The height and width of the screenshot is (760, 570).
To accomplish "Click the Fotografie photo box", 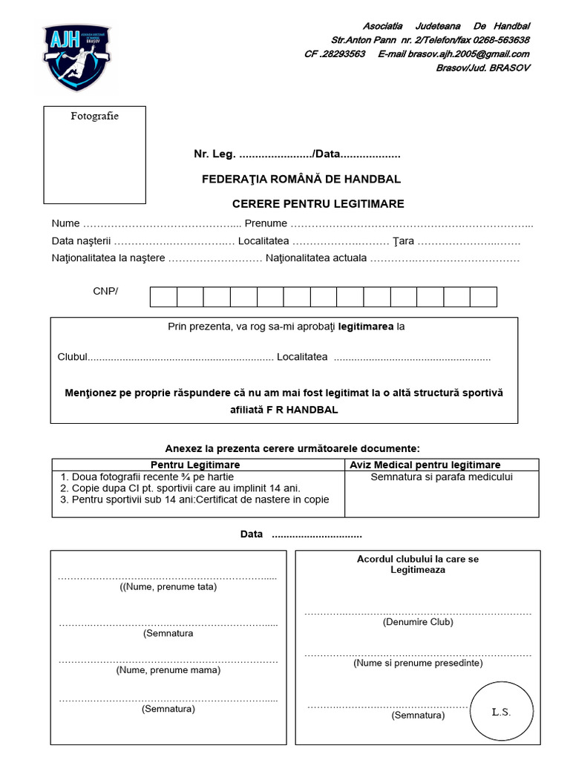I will coord(94,154).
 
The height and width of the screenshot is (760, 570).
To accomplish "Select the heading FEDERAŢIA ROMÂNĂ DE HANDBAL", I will coord(301,179).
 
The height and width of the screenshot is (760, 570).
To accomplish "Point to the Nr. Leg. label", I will coord(214,154).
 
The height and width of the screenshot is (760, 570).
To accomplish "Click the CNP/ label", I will coord(105,291).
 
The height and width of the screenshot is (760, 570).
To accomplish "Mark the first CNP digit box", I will coord(163,297).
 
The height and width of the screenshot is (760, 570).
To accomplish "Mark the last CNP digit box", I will coord(483,297).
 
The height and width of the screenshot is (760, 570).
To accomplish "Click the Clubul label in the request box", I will coord(73,357).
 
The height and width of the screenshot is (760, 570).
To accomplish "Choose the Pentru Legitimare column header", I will coord(198,465).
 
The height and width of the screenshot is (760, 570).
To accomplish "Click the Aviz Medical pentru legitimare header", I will coord(442,465).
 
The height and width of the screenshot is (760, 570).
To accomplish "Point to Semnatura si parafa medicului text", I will coord(442,477).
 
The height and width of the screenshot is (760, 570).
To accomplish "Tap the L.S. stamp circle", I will coord(502,712).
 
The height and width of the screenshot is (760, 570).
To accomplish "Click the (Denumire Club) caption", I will coord(418,622).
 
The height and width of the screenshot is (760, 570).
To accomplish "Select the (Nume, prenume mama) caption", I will coord(168,669).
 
